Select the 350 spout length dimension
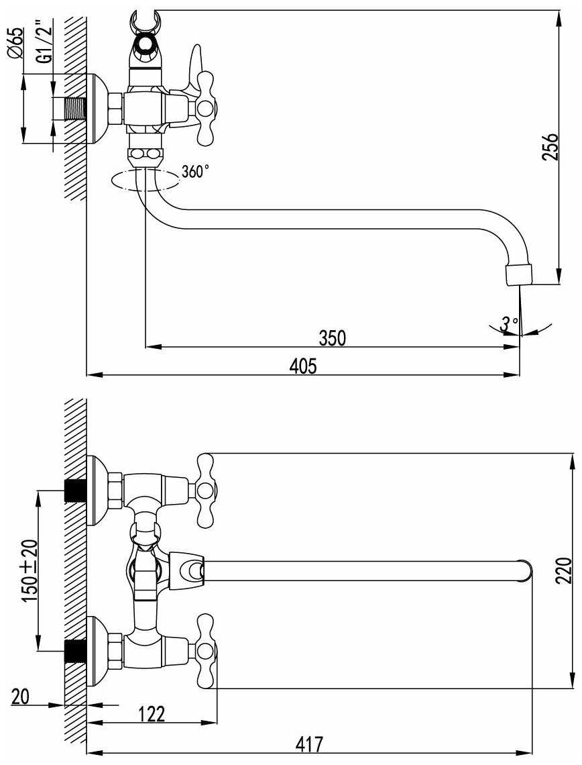coord(332,338)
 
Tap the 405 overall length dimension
coord(302,366)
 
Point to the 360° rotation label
coord(195,172)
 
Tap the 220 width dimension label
coord(565,571)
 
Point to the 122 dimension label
coord(152,713)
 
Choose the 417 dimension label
coord(310,744)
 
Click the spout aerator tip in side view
coord(518,274)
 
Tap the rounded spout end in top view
coord(527,570)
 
